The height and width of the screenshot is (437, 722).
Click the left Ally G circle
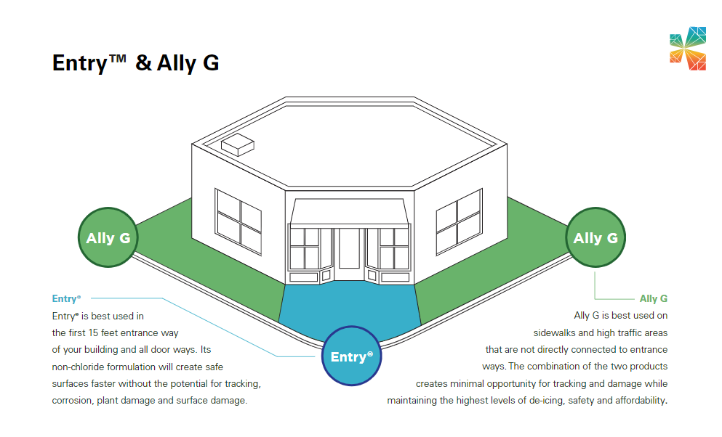tap(108, 237)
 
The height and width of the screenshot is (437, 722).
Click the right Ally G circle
tap(595, 237)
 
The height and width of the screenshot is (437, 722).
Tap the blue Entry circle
tap(351, 356)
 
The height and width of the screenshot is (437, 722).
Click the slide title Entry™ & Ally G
tap(135, 63)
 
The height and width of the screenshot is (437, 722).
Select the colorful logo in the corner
tap(687, 49)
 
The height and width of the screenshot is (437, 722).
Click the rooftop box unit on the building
tap(237, 144)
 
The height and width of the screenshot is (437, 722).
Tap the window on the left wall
tap(238, 221)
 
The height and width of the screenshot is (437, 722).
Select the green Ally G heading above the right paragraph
tap(653, 298)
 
